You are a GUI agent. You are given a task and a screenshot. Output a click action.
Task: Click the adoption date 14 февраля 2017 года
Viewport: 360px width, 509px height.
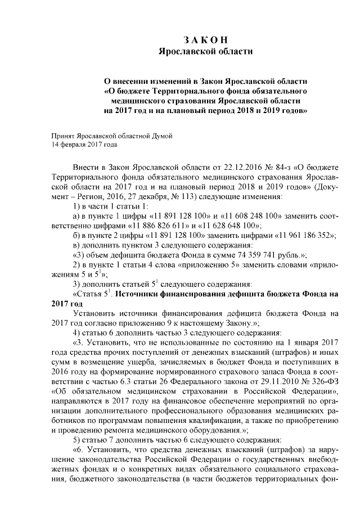84,144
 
